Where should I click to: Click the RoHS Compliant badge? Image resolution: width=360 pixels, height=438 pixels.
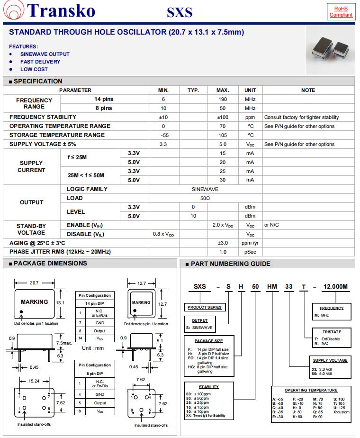(x=341, y=11)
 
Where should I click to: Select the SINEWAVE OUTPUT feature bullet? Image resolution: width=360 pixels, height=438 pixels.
(x=45, y=54)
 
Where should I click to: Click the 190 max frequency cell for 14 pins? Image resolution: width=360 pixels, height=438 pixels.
(x=223, y=99)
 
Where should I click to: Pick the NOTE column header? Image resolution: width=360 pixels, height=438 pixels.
(x=308, y=90)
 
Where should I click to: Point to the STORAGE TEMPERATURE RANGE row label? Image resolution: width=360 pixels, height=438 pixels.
(x=57, y=135)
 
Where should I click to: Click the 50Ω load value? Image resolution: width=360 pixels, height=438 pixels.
(x=205, y=198)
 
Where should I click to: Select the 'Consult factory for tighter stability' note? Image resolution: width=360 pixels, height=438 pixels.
(x=301, y=117)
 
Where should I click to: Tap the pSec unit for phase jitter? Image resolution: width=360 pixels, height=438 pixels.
(x=250, y=252)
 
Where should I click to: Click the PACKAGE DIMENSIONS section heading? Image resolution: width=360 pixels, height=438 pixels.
(x=50, y=264)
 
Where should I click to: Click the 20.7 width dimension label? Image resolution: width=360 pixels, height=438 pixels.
(x=34, y=283)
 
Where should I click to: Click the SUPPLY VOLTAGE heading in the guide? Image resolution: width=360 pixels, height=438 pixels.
(x=330, y=360)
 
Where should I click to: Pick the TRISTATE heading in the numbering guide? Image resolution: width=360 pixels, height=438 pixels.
(x=332, y=332)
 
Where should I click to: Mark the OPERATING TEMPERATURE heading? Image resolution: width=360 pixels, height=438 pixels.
(x=311, y=390)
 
